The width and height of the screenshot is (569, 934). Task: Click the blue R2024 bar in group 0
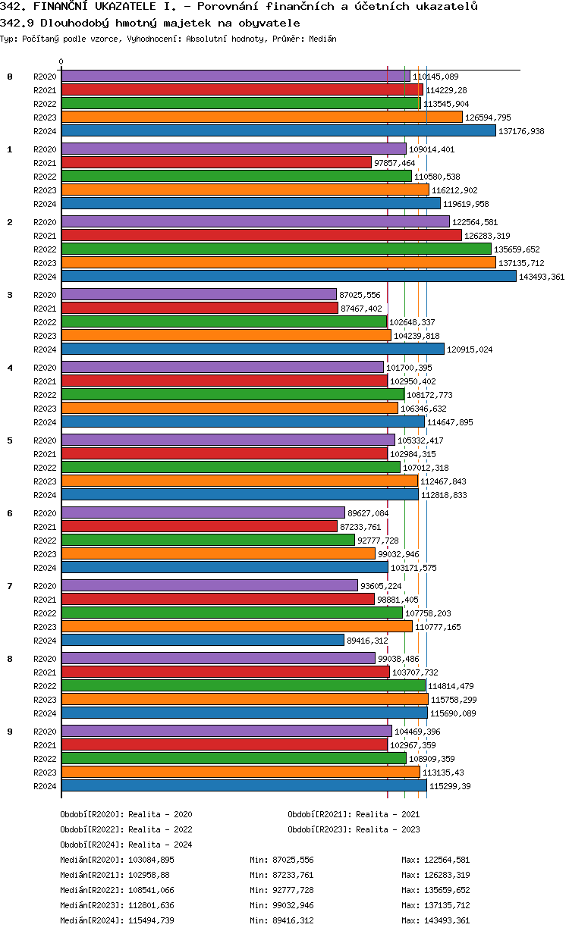point(278,131)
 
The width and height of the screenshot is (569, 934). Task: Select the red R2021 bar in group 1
point(216,163)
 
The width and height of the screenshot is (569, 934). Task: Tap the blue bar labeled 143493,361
point(288,277)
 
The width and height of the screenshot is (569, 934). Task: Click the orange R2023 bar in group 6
point(218,554)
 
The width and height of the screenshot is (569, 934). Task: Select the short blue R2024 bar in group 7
point(203,641)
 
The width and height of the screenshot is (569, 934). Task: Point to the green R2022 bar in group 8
point(243,686)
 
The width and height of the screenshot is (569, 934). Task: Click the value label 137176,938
point(522,131)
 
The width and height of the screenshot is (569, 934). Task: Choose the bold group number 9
point(10,732)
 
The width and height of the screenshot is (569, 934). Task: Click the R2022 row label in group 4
point(45,395)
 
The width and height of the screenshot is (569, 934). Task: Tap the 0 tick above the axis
point(61,62)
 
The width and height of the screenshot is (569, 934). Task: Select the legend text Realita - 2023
point(388,829)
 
